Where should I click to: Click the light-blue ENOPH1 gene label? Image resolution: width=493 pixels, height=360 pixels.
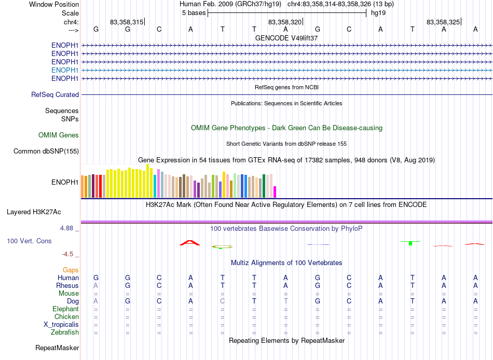65,70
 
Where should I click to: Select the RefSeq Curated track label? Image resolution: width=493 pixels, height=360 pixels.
55,94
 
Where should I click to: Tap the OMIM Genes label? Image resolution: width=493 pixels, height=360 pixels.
59,135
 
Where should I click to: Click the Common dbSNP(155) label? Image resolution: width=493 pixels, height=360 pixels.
46,151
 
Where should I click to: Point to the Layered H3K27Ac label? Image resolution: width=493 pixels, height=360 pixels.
34,212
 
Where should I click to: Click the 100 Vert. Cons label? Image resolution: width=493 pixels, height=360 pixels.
29,241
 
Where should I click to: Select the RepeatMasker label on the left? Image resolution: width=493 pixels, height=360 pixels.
57,348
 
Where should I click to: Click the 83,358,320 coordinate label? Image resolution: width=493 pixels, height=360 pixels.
285,22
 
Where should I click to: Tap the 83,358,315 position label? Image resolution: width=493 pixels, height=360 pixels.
127,22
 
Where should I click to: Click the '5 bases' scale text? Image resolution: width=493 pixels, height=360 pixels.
194,13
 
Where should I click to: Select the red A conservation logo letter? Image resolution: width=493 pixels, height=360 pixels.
190,243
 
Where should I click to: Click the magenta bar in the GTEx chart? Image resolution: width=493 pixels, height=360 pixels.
275,192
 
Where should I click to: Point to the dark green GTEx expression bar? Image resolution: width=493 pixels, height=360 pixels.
264,186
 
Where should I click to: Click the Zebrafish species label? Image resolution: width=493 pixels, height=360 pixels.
65,332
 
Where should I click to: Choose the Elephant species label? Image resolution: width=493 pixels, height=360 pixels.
66,309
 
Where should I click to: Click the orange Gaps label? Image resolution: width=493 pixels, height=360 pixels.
71,270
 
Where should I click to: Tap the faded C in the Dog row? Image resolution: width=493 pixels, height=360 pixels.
222,301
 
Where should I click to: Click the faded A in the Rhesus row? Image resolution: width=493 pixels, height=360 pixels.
96,285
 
